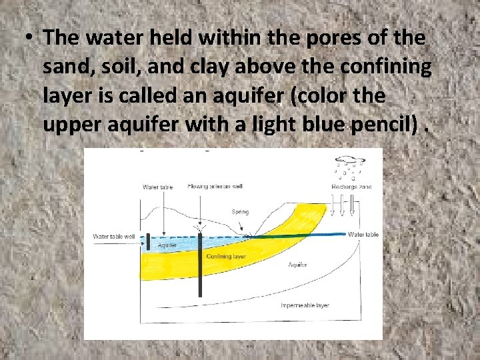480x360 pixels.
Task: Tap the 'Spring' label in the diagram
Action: tap(240, 212)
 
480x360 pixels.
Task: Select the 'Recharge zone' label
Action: tap(351, 187)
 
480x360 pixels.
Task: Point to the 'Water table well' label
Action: tap(113, 236)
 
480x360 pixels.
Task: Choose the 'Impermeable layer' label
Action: tap(305, 305)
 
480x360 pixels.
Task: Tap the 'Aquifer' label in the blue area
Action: tap(168, 245)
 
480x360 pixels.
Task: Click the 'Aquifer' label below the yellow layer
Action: tap(297, 265)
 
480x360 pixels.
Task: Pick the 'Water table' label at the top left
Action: tap(158, 187)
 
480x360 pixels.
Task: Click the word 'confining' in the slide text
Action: tap(375, 67)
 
